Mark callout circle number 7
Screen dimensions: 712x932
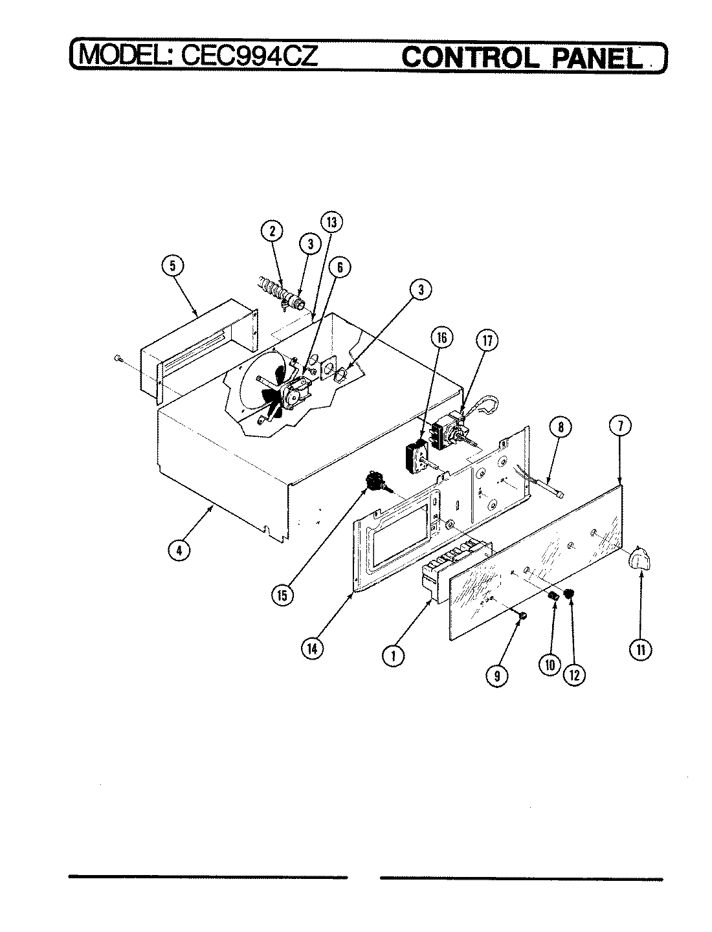pos(620,427)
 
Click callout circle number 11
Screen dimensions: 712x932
pos(641,650)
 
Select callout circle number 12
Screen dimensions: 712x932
pos(573,674)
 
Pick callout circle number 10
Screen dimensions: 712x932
pos(549,664)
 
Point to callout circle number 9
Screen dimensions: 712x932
pos(497,676)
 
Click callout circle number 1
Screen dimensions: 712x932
pos(392,656)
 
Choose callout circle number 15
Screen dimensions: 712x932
pos(282,595)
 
